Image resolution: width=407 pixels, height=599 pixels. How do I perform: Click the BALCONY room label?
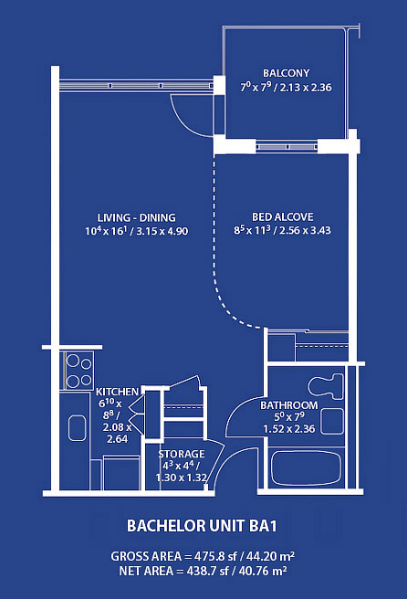coord(286,73)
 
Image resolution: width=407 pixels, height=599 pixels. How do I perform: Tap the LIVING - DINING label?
coord(136,217)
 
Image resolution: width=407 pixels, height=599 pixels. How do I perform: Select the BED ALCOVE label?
coord(283,217)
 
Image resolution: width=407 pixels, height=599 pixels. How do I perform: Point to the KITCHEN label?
coord(117,392)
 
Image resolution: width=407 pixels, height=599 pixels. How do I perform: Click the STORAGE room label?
coord(182,454)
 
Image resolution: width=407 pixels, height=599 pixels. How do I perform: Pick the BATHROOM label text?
coord(289,405)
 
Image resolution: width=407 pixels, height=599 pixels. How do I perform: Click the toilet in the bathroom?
coord(326,386)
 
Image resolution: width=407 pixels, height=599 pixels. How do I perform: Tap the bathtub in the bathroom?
coord(306,468)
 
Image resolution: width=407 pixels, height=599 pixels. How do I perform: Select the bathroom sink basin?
coord(332,421)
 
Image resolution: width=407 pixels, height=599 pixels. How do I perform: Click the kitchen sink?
coord(78,428)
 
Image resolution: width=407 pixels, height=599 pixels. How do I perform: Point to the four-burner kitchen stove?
coord(79,371)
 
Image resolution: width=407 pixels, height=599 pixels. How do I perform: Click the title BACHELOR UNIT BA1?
coord(202,526)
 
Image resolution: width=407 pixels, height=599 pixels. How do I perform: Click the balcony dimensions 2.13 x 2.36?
coord(306,88)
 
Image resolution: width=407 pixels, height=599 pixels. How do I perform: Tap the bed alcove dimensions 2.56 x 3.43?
coord(305,230)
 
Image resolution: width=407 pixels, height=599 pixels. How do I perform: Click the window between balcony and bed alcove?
coord(287,147)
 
